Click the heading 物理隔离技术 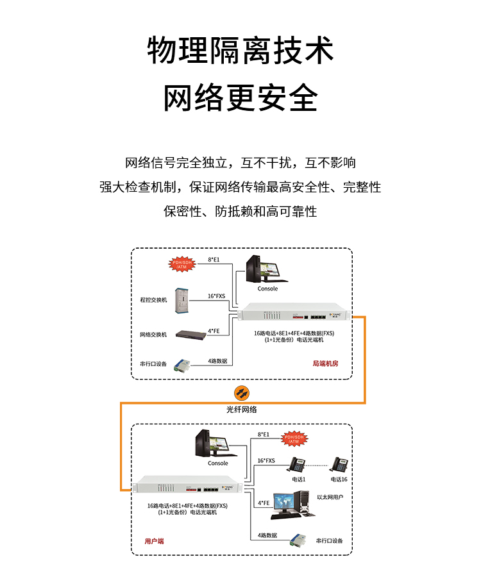pos(240,51)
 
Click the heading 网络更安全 pos(240,98)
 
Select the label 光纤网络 pos(241,409)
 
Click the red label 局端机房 pos(325,364)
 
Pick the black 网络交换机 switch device pos(189,334)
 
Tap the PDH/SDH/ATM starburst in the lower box pos(294,439)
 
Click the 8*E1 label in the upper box pos(214,260)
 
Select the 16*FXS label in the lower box pos(266,460)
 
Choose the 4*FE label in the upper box pos(214,331)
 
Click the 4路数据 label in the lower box pos(267,535)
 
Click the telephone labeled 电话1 pos(298,464)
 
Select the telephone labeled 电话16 pos(339,464)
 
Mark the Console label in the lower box pos(217,463)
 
